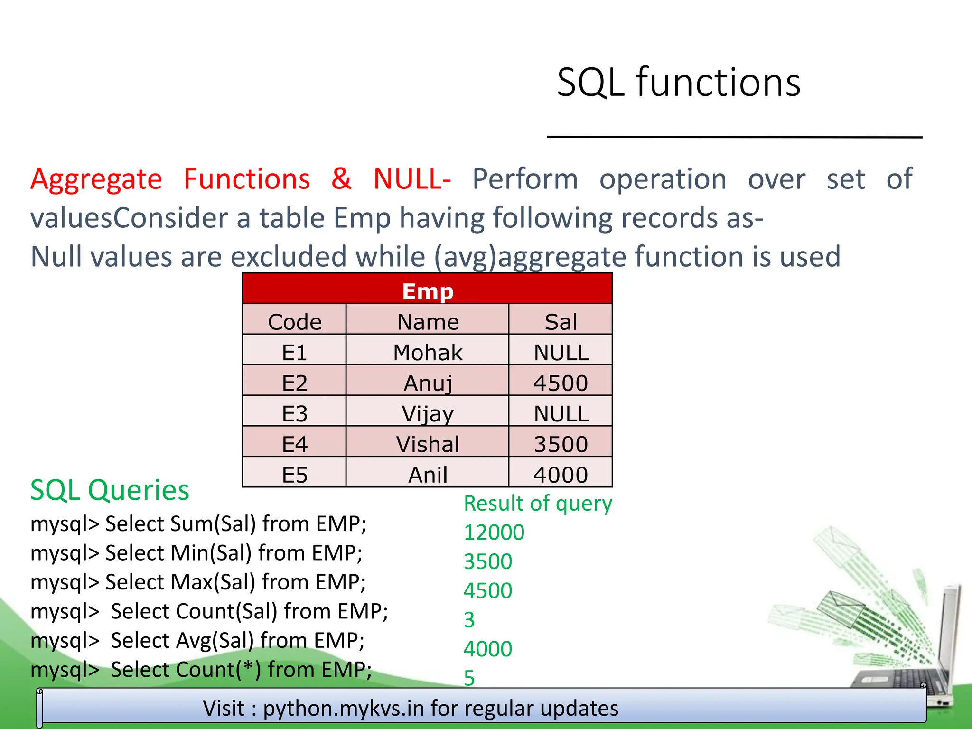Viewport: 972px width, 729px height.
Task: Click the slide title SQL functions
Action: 679,83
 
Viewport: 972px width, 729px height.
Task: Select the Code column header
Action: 294,322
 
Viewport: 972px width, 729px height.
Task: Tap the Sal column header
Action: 561,322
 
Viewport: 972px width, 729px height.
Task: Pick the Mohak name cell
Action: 427,352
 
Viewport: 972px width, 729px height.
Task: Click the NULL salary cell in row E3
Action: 561,413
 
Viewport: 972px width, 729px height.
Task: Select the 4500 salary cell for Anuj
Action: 561,383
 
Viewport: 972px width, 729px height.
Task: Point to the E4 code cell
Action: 294,444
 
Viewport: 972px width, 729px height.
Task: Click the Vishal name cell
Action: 427,444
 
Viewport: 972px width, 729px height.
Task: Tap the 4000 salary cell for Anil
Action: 561,475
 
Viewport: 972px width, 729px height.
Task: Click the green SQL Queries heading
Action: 110,490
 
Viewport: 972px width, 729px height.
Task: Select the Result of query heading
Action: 538,503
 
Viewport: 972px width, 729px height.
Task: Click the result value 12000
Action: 494,533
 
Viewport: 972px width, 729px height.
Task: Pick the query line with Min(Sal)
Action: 196,553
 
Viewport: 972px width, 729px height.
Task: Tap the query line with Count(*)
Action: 201,670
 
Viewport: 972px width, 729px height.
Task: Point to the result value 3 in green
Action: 469,620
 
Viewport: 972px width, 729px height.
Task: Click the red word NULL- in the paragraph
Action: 411,179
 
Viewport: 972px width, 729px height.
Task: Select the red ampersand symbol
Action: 341,179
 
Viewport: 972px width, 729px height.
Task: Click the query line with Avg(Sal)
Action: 197,640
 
